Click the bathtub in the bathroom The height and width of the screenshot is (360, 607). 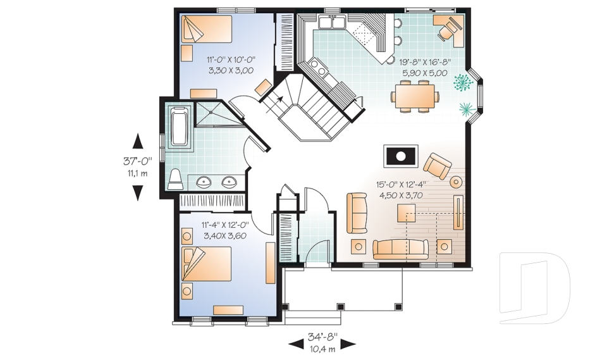point(179,127)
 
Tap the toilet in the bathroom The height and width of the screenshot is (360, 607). point(175,180)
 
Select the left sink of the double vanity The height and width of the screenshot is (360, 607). point(204,182)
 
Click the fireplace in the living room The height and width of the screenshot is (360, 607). point(401,156)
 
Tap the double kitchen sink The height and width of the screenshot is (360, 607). point(332,23)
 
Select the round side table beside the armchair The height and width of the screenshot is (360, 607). point(456,182)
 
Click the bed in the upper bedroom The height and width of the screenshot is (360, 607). point(207,28)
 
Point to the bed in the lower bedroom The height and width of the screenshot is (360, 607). point(206,264)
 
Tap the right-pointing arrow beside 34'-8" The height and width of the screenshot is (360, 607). point(348,344)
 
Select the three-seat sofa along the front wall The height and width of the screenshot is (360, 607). point(400,249)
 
